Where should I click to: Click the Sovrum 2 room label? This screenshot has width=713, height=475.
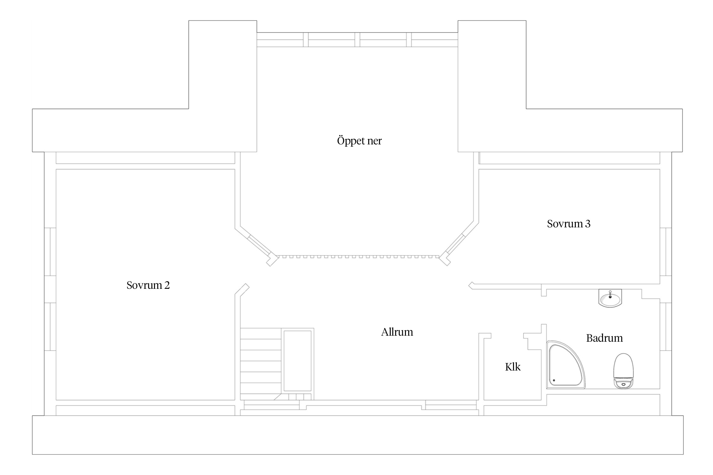148,285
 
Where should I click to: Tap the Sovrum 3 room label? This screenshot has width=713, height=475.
568,224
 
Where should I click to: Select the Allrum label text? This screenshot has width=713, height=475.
397,332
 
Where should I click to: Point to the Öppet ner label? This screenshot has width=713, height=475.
359,141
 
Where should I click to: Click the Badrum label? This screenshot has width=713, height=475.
604,338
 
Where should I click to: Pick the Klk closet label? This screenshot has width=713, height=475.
513,367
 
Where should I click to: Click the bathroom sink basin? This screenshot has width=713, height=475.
610,298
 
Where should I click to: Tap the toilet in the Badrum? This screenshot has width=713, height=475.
623,371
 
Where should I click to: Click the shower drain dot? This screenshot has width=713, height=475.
554,380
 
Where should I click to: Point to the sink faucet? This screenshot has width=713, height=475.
610,294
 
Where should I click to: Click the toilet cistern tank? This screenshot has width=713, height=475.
623,383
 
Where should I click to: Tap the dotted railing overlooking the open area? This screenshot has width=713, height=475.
359,256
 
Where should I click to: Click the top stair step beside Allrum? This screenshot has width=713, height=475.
261,333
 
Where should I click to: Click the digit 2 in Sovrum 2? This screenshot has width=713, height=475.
167,286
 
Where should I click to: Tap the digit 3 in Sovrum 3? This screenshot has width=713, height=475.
588,224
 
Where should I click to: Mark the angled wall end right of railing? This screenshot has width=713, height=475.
445,259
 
